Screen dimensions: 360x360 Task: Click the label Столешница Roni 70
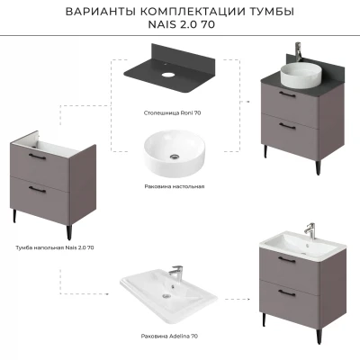pyautogui.click(x=172, y=113)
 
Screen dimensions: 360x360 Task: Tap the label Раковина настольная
pyautogui.click(x=175, y=186)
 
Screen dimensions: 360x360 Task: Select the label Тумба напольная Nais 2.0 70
pyautogui.click(x=55, y=248)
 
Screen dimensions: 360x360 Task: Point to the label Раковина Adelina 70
pyautogui.click(x=169, y=337)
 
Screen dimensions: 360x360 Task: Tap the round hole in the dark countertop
pyautogui.click(x=167, y=75)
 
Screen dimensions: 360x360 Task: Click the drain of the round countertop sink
pyautogui.click(x=175, y=156)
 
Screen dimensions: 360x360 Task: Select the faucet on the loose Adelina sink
pyautogui.click(x=175, y=273)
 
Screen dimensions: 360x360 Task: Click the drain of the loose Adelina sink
pyautogui.click(x=166, y=296)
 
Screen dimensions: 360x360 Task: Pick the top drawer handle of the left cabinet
pyautogui.click(x=38, y=156)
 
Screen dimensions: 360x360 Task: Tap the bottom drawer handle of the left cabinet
pyautogui.click(x=38, y=190)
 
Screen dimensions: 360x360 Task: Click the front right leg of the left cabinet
pyautogui.click(x=69, y=232)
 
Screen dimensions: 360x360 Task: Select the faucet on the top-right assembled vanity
pyautogui.click(x=298, y=51)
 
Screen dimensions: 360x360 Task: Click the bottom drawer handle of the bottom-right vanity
pyautogui.click(x=287, y=292)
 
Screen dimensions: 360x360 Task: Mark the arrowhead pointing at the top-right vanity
pyautogui.click(x=248, y=102)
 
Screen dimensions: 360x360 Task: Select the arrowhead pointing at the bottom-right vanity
pyautogui.click(x=248, y=299)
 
